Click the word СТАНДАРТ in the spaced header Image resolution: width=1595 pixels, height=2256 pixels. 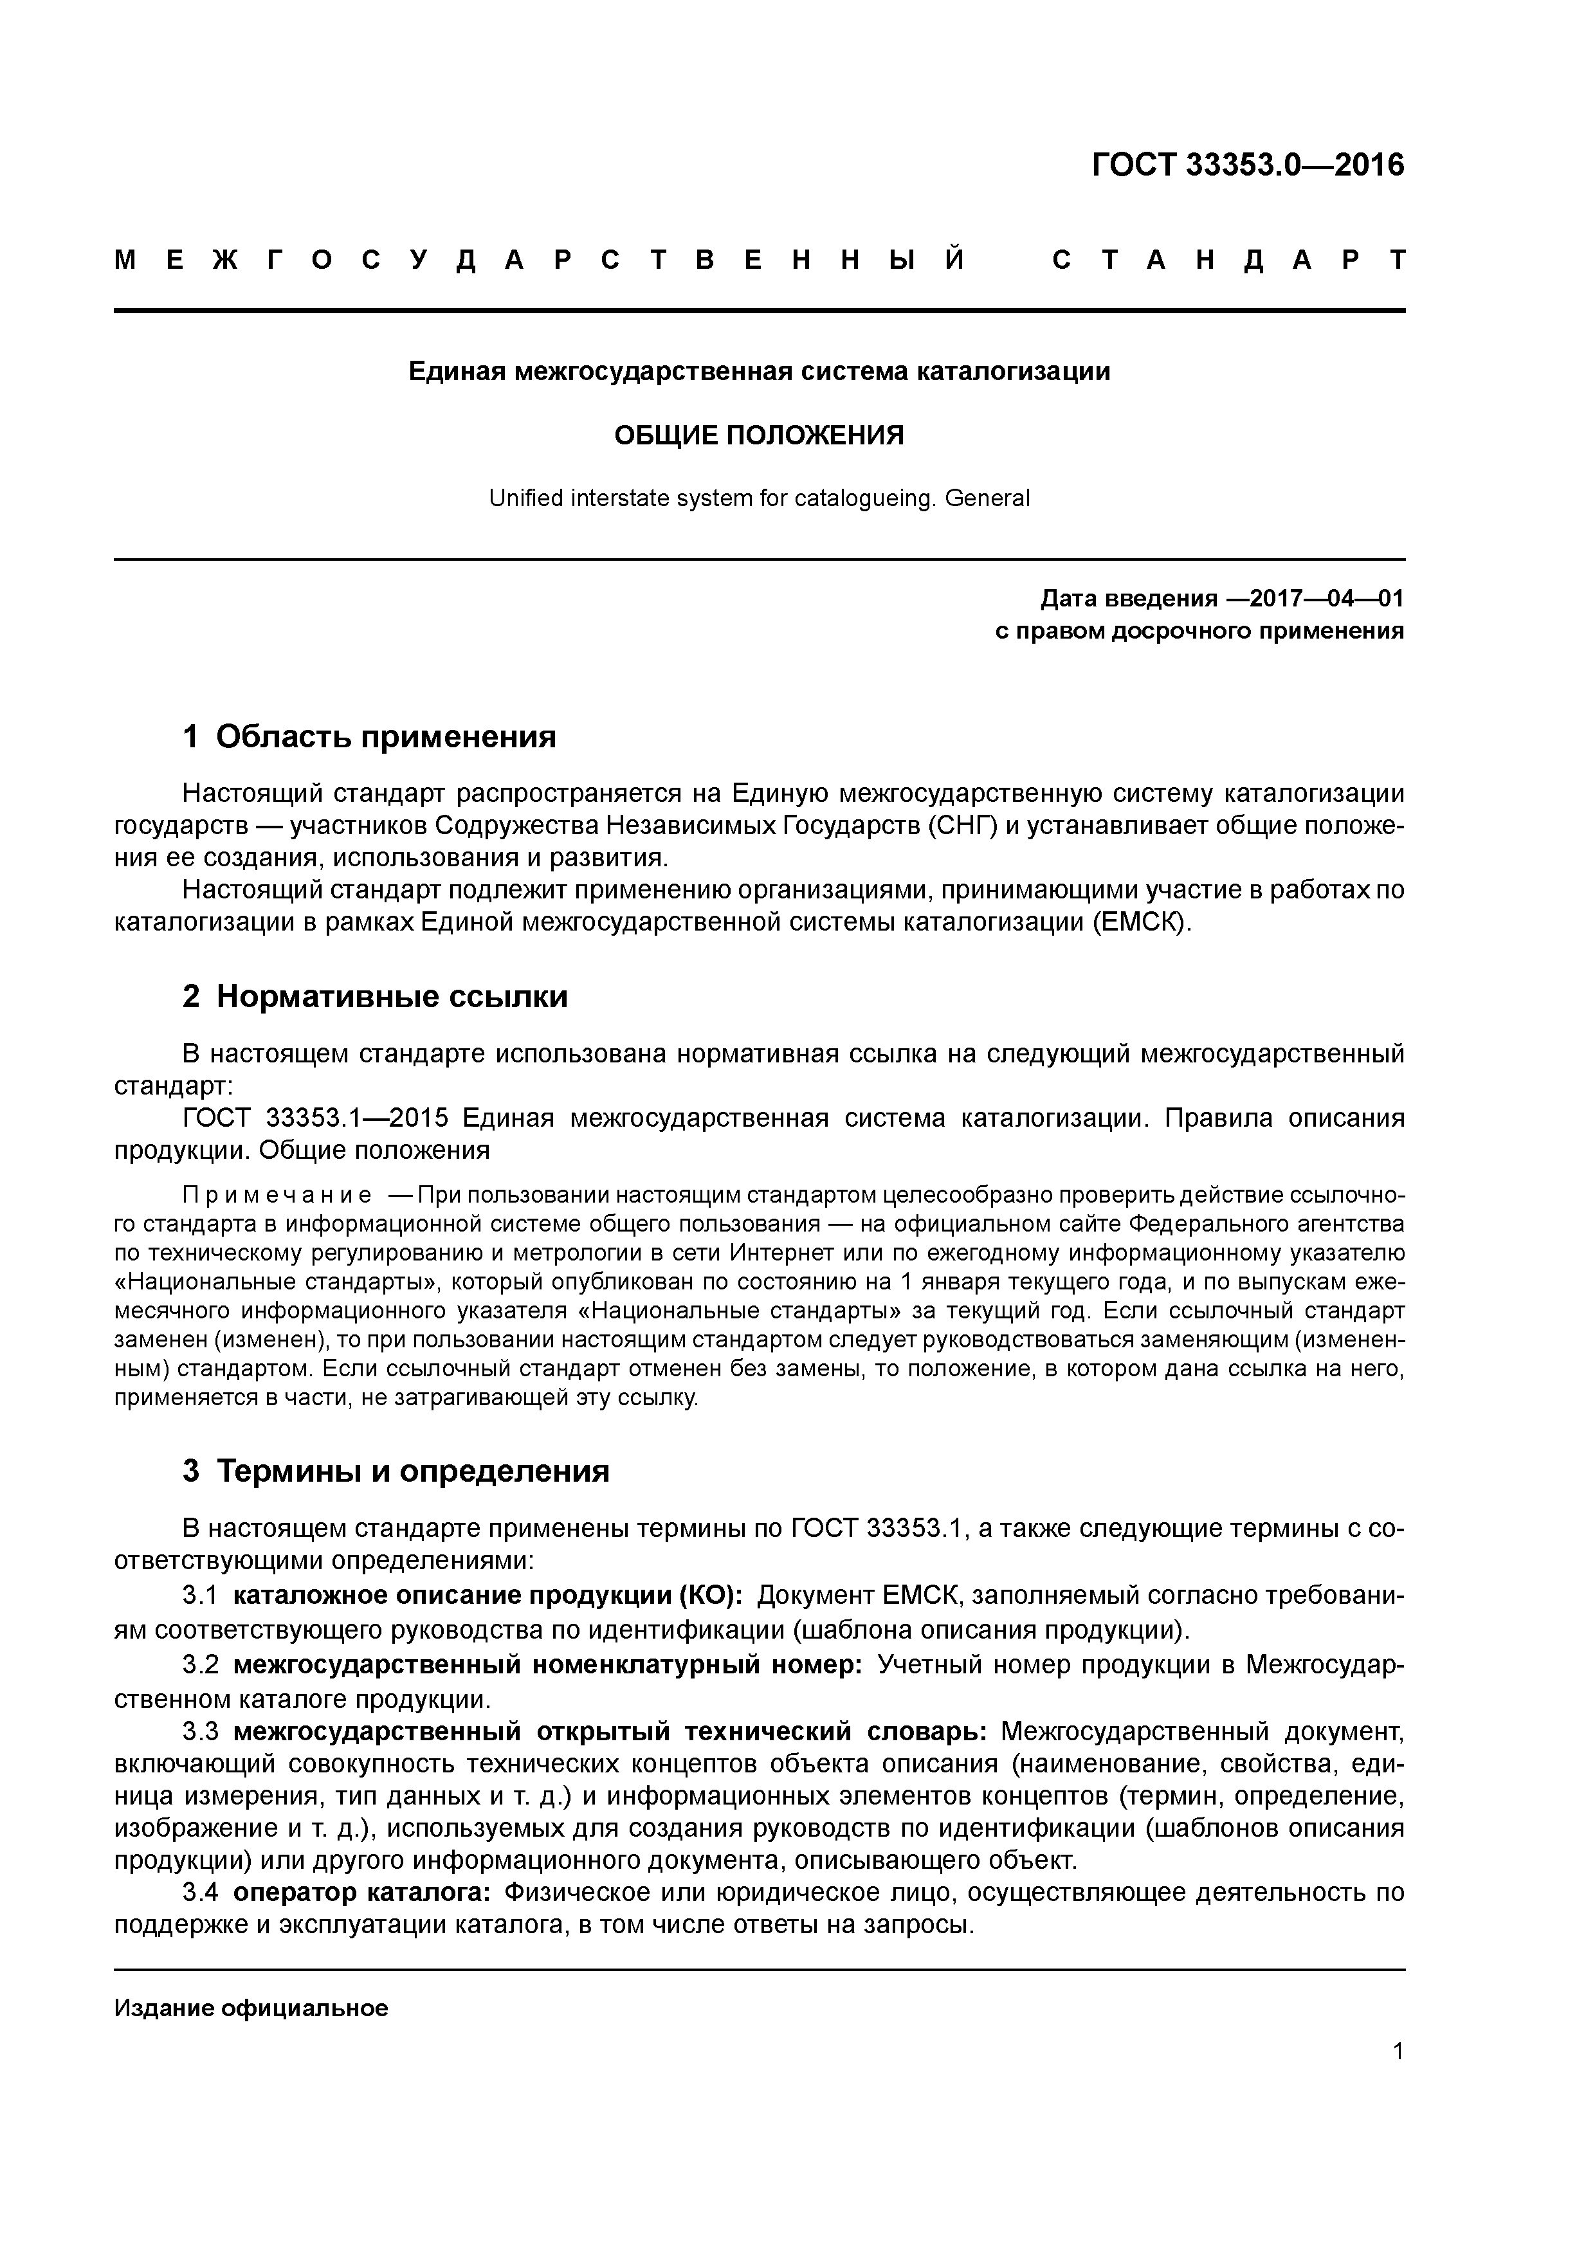tap(1228, 260)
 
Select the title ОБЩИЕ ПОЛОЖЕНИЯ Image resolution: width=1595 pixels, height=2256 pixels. tap(759, 435)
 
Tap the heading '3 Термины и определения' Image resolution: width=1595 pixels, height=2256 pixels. tap(396, 1471)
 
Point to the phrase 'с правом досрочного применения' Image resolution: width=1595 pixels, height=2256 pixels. tap(1199, 631)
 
